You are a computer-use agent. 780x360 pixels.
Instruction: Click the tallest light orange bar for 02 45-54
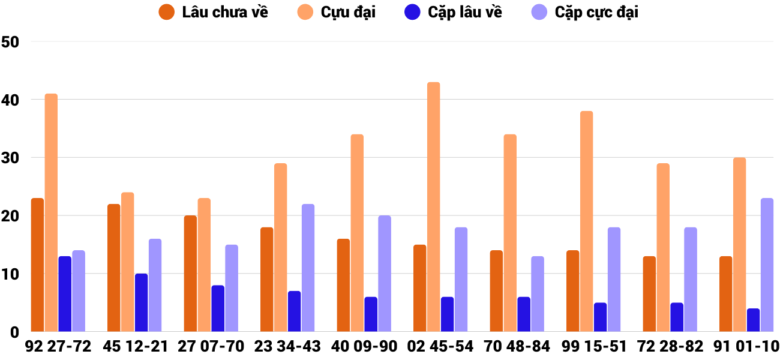pyautogui.click(x=433, y=207)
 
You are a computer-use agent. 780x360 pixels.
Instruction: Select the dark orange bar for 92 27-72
pyautogui.click(x=37, y=265)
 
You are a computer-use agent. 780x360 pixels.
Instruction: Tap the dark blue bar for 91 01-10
pyautogui.click(x=753, y=320)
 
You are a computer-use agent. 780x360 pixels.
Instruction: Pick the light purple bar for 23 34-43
pyautogui.click(x=308, y=268)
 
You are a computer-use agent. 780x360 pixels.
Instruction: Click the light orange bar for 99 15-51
pyautogui.click(x=586, y=221)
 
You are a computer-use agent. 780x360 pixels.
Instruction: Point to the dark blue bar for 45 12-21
pyautogui.click(x=141, y=302)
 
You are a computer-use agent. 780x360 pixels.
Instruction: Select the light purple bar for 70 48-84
pyautogui.click(x=538, y=294)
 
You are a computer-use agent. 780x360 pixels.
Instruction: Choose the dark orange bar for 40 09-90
pyautogui.click(x=343, y=285)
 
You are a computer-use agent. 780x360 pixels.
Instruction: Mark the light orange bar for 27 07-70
pyautogui.click(x=204, y=265)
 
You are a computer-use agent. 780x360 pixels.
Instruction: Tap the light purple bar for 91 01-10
pyautogui.click(x=767, y=265)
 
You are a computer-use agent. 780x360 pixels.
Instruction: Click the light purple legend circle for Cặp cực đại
pyautogui.click(x=540, y=12)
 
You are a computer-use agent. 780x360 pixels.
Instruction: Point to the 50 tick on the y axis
pyautogui.click(x=11, y=42)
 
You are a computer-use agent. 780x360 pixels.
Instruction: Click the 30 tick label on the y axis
pyautogui.click(x=11, y=158)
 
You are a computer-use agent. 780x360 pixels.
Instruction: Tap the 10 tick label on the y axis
pyautogui.click(x=11, y=274)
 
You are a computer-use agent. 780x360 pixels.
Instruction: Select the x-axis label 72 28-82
pyautogui.click(x=670, y=346)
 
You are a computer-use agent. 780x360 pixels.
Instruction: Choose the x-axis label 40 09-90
pyautogui.click(x=364, y=346)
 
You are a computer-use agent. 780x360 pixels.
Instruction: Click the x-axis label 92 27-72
pyautogui.click(x=58, y=346)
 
